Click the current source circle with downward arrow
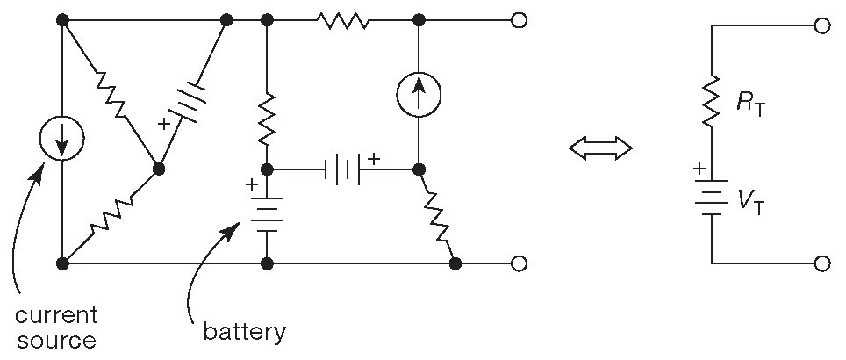62,140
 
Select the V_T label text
749,203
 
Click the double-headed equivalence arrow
600,149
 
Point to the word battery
245,332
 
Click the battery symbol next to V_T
711,200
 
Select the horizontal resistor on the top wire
343,19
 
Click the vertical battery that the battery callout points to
267,213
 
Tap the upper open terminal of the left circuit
519,19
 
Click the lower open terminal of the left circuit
519,263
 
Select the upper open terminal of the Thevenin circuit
821,26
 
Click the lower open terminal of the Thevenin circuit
821,263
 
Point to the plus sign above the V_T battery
699,169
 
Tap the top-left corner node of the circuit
62,19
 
